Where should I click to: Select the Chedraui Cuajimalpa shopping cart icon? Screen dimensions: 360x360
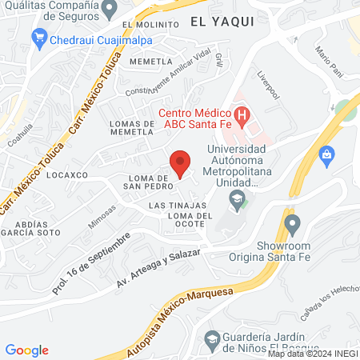(x=38, y=38)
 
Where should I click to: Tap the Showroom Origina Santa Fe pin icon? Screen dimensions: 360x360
(x=291, y=222)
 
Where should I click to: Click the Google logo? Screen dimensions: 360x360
(x=26, y=350)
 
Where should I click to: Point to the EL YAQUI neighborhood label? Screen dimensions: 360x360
(x=222, y=23)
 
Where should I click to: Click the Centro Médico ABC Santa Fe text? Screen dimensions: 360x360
(x=196, y=117)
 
